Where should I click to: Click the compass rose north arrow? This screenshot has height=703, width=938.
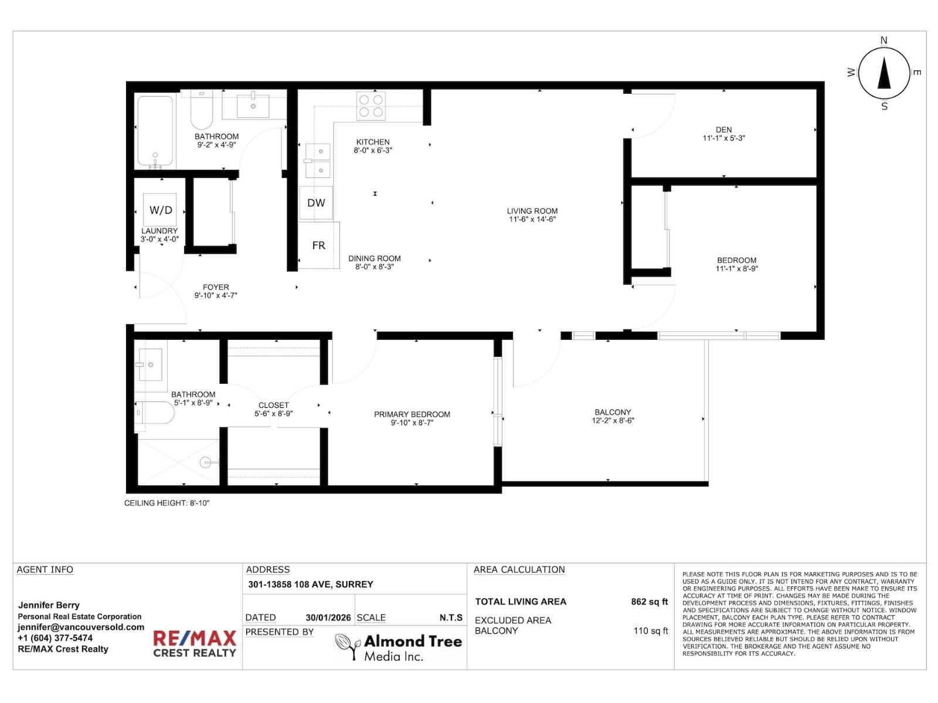pyautogui.click(x=884, y=73)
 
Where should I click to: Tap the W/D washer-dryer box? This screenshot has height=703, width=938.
pyautogui.click(x=160, y=210)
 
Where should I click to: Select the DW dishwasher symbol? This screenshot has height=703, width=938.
pyautogui.click(x=316, y=203)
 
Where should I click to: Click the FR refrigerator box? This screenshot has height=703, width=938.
pyautogui.click(x=318, y=245)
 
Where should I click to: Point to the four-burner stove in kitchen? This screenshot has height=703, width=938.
pyautogui.click(x=371, y=106)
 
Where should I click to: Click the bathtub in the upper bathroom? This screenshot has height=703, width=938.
pyautogui.click(x=155, y=131)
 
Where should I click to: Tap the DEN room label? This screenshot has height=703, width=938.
pyautogui.click(x=723, y=130)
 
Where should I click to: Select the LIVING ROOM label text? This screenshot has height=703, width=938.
pyautogui.click(x=532, y=211)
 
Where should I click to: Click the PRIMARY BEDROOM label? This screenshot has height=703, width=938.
pyautogui.click(x=412, y=414)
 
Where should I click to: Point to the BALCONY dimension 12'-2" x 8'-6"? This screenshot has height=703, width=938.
pyautogui.click(x=613, y=421)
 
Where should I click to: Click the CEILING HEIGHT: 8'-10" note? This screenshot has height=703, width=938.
pyautogui.click(x=166, y=503)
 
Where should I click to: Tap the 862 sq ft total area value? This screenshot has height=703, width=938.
pyautogui.click(x=649, y=602)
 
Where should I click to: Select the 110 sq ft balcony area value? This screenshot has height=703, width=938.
pyautogui.click(x=650, y=631)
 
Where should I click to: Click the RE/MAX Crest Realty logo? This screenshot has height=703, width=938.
pyautogui.click(x=195, y=644)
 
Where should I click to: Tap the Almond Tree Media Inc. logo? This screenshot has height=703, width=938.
pyautogui.click(x=399, y=647)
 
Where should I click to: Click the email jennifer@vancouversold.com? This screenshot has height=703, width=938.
pyautogui.click(x=81, y=627)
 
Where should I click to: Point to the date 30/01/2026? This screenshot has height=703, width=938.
pyautogui.click(x=328, y=617)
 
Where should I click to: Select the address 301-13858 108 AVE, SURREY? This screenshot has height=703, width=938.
pyautogui.click(x=310, y=584)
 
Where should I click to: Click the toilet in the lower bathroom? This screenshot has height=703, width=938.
pyautogui.click(x=155, y=412)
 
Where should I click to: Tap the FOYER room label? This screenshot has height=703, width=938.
pyautogui.click(x=216, y=287)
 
